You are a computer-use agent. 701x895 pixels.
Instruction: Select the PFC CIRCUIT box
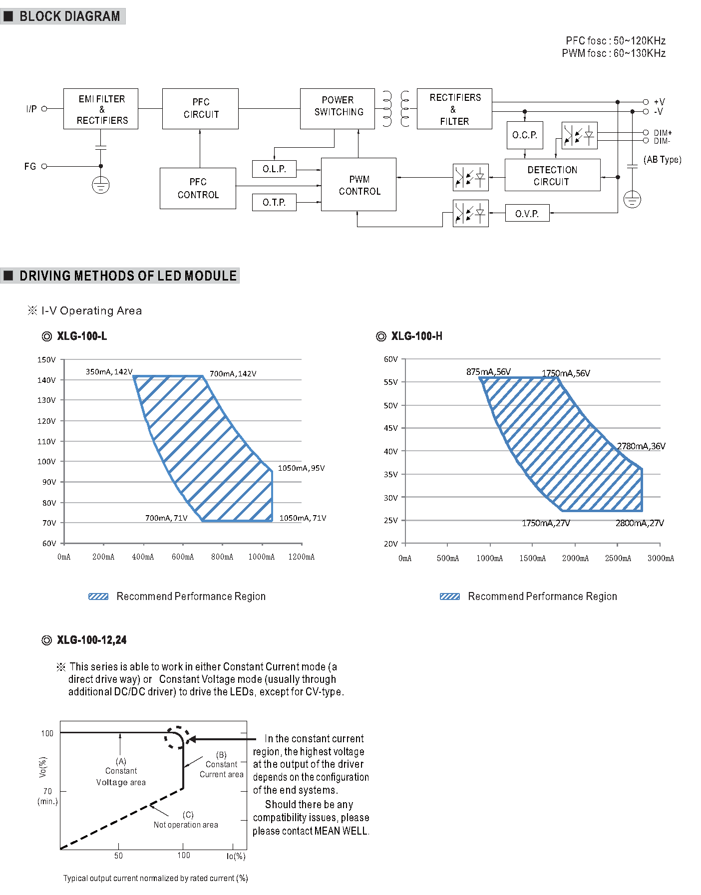(200, 109)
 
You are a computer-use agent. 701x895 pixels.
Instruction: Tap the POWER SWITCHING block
(338, 109)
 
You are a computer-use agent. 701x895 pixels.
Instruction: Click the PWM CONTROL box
(359, 185)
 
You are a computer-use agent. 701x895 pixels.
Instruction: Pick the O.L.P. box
(274, 169)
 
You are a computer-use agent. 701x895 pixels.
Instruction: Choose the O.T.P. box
(274, 202)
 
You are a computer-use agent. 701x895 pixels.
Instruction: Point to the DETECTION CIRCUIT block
(552, 175)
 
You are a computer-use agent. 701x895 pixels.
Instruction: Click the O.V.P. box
(527, 213)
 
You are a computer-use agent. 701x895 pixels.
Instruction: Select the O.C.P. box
(525, 135)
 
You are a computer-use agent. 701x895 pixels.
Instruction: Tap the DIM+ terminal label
(663, 133)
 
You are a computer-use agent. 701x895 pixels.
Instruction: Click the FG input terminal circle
(44, 166)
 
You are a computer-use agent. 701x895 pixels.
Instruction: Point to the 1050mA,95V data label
(301, 468)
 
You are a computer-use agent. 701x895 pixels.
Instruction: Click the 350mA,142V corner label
(109, 372)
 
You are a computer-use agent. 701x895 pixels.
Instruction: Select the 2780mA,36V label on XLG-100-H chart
(641, 446)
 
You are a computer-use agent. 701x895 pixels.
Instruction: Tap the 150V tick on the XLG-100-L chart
(46, 359)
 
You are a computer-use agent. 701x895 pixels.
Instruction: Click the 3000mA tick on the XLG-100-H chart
(661, 558)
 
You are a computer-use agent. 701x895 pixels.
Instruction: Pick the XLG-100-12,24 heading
(91, 640)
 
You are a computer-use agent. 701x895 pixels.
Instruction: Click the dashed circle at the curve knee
(177, 737)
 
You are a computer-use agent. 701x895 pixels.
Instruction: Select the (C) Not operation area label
(186, 820)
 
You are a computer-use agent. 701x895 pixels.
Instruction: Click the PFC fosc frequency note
(615, 40)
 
